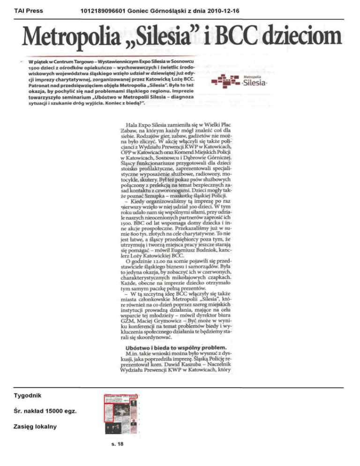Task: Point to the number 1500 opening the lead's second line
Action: [x=34, y=68]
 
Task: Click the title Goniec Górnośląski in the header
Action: [x=153, y=9]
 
